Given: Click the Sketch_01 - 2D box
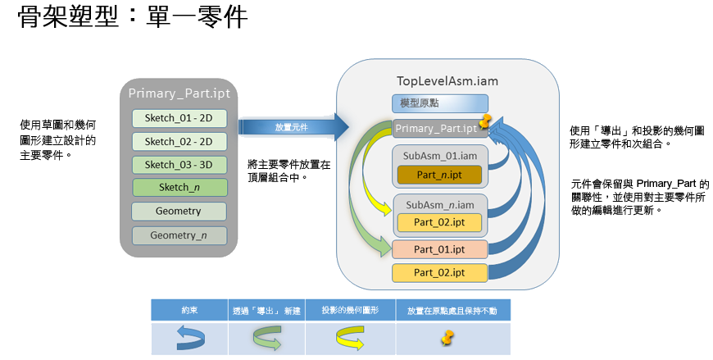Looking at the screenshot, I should [179, 118].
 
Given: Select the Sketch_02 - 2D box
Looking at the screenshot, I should [179, 141].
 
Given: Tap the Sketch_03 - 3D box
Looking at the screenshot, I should [179, 164].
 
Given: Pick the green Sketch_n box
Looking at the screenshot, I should [179, 188].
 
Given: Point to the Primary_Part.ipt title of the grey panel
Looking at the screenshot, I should [179, 93].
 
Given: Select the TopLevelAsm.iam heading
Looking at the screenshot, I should [447, 81].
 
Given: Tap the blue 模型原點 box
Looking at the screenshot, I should [439, 103].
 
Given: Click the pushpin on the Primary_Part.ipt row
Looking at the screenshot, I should [485, 122].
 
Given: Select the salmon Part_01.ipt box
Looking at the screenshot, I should [439, 249].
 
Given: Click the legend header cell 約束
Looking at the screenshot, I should [189, 310].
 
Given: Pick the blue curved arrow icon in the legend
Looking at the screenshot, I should [189, 336].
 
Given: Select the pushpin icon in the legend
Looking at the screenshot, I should [447, 335].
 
